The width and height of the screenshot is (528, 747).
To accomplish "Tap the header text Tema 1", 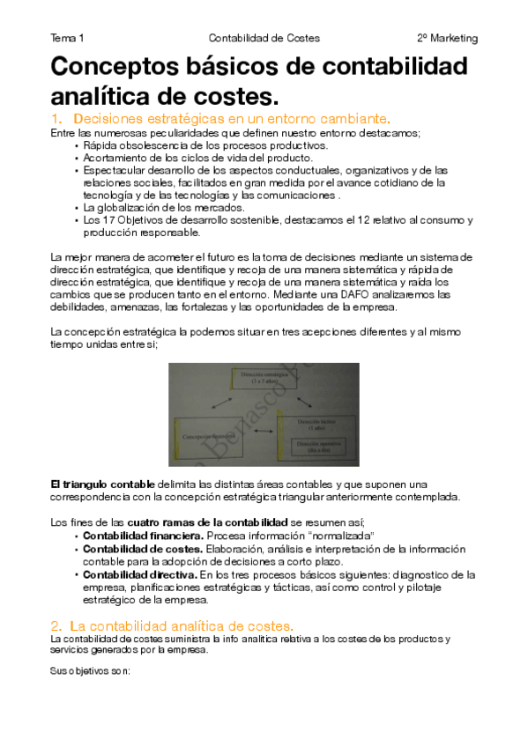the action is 68,39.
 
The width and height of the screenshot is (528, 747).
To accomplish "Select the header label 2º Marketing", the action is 447,39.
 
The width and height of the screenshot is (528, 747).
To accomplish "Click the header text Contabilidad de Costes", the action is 264,39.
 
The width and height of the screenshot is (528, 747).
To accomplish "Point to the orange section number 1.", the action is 57,118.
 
